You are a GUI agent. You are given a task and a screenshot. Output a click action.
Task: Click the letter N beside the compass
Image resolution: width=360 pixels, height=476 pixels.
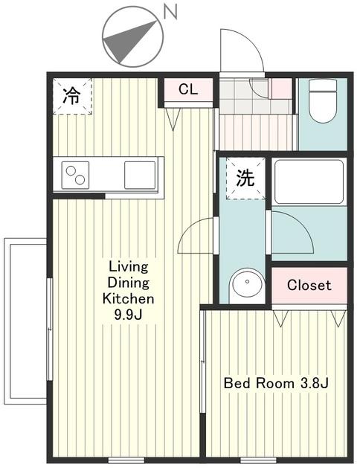tap(170, 13)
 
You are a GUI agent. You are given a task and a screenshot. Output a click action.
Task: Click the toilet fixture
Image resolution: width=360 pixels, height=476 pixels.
tap(323, 101)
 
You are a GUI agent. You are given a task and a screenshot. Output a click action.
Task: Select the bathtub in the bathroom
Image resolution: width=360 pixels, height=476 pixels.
tap(309, 181)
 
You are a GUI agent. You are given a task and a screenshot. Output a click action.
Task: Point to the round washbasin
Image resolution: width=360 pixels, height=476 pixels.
tap(247, 285)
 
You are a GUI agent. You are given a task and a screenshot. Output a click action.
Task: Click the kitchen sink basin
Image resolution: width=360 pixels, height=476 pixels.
tap(140, 175)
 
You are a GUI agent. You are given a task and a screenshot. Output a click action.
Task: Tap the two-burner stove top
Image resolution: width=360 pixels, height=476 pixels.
tap(75, 175)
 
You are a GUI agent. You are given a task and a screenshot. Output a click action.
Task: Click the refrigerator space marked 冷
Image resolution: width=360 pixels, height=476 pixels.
tap(72, 96)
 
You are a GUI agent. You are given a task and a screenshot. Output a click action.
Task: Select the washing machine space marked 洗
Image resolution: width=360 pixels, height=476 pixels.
tap(245, 178)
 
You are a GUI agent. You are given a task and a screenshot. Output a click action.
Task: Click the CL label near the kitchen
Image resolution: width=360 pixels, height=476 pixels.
tap(188, 89)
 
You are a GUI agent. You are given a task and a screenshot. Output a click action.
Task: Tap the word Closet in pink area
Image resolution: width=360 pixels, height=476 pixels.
tap(309, 285)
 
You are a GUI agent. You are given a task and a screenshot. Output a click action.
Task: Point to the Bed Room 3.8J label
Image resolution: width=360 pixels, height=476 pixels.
tap(276, 383)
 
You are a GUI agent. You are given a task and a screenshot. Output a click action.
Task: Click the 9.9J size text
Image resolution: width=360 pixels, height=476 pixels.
tap(128, 315)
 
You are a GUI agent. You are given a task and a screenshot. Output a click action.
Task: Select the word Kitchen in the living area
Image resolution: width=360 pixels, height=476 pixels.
tap(129, 299)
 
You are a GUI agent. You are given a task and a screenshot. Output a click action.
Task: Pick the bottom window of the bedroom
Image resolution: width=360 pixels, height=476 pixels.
tap(258, 460)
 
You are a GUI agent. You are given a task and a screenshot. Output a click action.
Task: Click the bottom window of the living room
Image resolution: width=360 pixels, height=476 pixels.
tap(127, 460)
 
